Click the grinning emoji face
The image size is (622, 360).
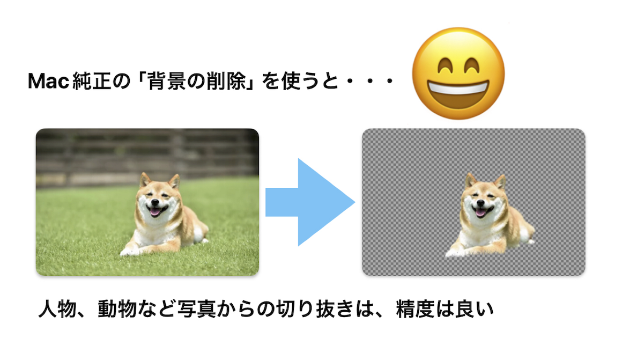(458, 74)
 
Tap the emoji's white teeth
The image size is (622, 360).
(458, 87)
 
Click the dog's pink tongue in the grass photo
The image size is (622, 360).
(155, 212)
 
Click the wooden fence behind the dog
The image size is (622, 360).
(147, 157)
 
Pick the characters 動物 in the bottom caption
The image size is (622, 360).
(117, 309)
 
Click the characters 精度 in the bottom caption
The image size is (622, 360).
(416, 309)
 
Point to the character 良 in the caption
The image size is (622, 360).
(464, 309)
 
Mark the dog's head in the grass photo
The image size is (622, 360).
(158, 196)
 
